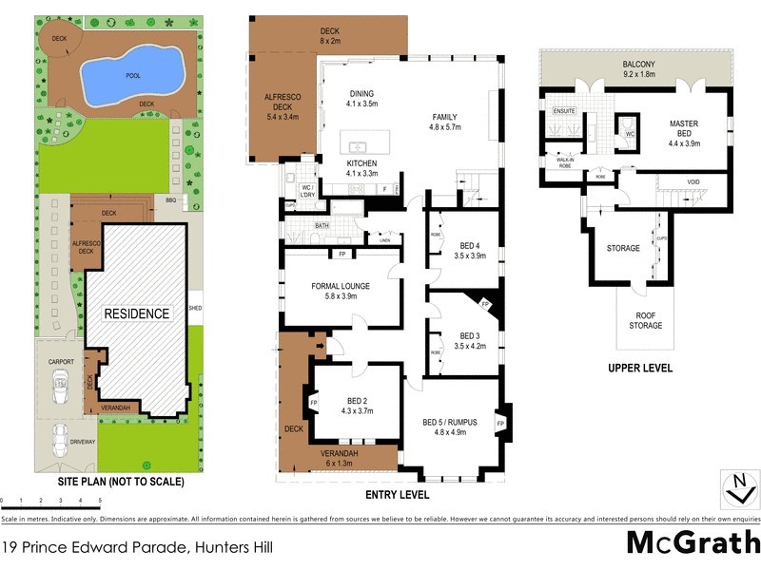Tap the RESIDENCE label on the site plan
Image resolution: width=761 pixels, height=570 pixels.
click(136, 313)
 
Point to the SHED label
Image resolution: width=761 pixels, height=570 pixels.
click(195, 308)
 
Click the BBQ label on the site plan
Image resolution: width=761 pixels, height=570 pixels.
click(171, 200)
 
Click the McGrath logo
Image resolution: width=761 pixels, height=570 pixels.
click(693, 543)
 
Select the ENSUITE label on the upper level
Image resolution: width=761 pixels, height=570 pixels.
click(565, 110)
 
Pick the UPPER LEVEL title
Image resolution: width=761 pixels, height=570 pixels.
click(640, 368)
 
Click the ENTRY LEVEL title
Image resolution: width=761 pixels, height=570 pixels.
click(398, 495)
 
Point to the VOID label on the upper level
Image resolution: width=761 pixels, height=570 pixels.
click(693, 181)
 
